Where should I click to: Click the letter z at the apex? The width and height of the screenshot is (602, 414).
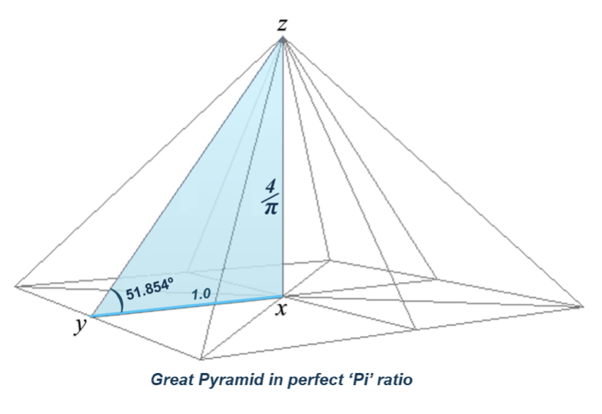tap(282, 24)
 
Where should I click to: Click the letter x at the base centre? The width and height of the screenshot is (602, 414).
tap(281, 309)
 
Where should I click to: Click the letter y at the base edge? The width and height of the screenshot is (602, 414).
tap(80, 327)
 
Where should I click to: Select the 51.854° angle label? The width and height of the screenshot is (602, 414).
tap(149, 289)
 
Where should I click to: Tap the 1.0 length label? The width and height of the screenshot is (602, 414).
tap(201, 294)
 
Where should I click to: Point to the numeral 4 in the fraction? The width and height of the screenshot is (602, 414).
tap(271, 187)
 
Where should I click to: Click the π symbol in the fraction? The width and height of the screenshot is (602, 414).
tap(271, 208)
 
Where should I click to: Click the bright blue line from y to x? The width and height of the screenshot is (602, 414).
tap(187, 306)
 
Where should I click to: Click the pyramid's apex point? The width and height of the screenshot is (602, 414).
tap(283, 39)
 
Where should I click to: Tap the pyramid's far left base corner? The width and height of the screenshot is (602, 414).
tap(16, 286)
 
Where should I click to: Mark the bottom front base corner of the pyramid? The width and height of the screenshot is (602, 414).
tap(201, 359)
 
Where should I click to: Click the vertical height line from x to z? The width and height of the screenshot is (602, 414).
tap(284, 168)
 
